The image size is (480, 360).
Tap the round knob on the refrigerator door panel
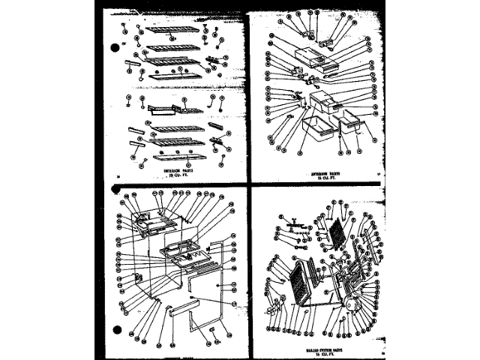[x=193, y=298]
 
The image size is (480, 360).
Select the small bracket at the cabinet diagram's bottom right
[x=214, y=328]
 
